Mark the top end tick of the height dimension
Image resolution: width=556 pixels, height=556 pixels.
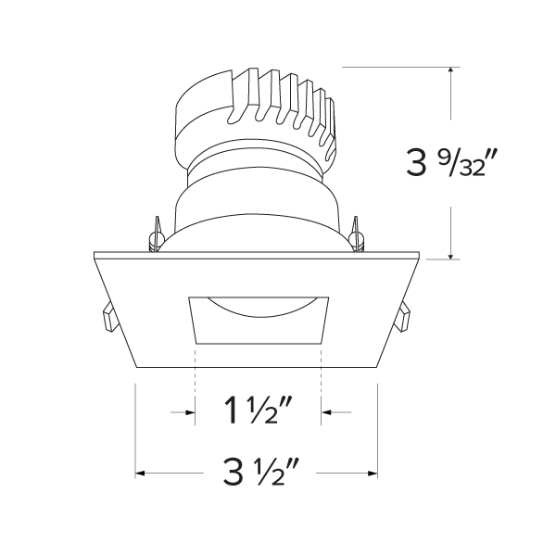[450, 67]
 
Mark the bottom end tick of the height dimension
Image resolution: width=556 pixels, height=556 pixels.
[450, 259]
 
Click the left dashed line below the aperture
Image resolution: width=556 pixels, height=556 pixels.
[196, 389]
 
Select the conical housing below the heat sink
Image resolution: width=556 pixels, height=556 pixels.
[257, 199]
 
